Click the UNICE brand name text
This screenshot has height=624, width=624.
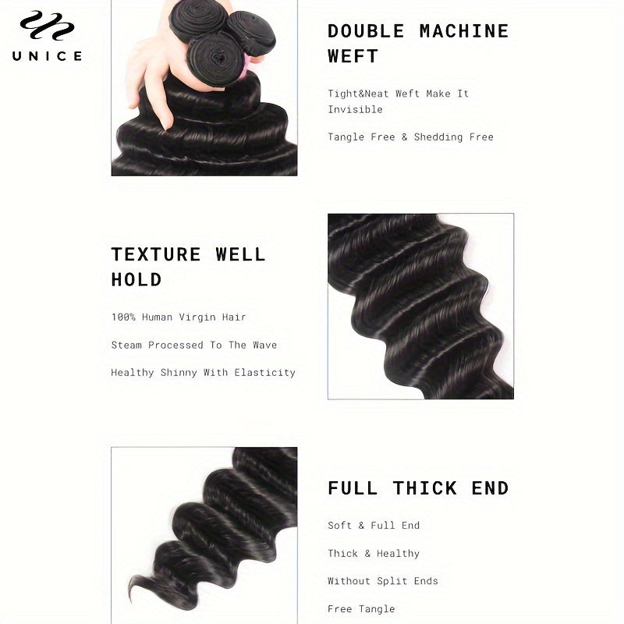point(48,55)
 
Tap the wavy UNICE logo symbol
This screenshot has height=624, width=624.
point(48,26)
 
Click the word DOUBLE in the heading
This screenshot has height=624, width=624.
point(366,31)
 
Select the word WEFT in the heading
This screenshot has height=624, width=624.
point(353,56)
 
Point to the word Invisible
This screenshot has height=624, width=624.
point(355,109)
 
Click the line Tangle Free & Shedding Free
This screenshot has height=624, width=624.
point(410,137)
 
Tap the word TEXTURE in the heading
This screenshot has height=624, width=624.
point(156,254)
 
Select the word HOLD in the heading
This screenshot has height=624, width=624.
point(136,279)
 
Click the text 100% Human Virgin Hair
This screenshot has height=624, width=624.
point(179,317)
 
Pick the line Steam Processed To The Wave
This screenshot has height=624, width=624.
point(193,345)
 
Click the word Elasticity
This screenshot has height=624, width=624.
point(264,373)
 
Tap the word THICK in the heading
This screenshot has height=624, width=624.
point(424,488)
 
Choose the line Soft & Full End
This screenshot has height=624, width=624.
point(374,525)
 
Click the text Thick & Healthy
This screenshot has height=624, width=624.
point(374,553)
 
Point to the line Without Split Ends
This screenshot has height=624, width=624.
point(383,581)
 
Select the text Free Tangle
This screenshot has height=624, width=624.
point(361,609)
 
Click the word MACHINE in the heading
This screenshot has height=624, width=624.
point(463,31)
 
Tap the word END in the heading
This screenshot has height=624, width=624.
point(490,488)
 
